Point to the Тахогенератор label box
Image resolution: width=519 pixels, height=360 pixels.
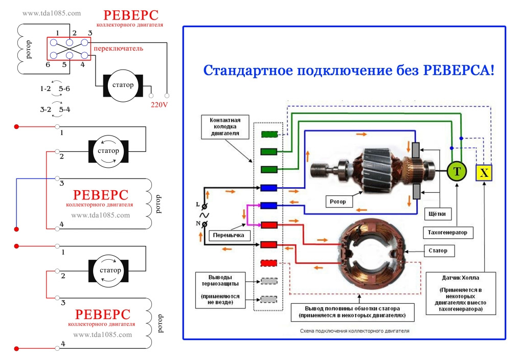pyautogui.click(x=447, y=233)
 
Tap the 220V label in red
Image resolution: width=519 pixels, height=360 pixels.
pyautogui.click(x=159, y=105)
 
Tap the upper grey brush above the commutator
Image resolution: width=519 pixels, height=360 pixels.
pyautogui.click(x=416, y=149)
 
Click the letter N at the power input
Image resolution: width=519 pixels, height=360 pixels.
pyautogui.click(x=198, y=223)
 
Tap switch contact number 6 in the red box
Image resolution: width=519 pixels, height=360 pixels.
pyautogui.click(x=53, y=55)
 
